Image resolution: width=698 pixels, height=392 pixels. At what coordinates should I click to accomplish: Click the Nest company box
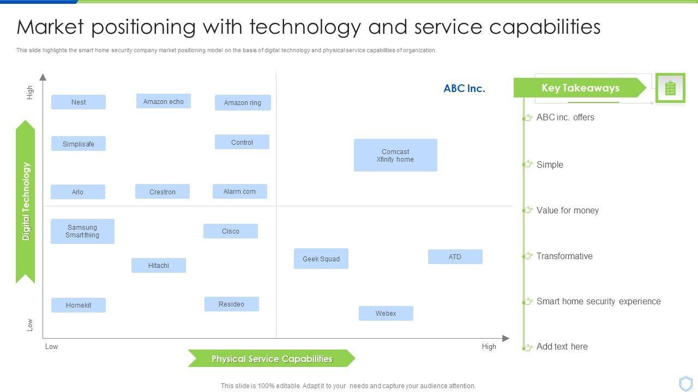click(79, 102)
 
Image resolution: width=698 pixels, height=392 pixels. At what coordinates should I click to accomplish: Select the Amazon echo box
click(163, 101)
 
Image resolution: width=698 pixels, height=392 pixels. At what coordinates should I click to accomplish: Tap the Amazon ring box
click(243, 102)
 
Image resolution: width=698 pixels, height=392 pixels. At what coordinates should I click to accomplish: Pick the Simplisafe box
click(79, 144)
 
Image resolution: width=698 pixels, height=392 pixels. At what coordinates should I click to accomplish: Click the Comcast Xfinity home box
click(395, 155)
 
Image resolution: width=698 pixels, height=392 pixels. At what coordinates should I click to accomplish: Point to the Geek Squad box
click(321, 259)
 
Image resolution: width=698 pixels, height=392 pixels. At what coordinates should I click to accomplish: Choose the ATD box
click(455, 256)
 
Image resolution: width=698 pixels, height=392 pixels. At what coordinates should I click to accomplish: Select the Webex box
click(386, 313)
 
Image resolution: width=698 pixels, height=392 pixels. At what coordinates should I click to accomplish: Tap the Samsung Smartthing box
click(82, 231)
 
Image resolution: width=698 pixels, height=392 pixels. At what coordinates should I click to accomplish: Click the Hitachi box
click(159, 265)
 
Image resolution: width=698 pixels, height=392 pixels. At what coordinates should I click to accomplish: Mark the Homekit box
click(79, 305)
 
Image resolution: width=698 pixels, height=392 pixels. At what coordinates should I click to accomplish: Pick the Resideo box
click(231, 304)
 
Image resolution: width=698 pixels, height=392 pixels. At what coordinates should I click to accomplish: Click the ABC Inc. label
click(464, 88)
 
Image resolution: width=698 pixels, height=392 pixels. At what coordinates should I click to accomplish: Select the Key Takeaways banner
click(580, 88)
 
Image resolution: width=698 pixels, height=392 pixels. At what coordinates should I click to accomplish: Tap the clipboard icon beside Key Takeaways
click(670, 88)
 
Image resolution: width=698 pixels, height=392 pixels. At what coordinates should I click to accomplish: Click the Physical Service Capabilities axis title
click(272, 359)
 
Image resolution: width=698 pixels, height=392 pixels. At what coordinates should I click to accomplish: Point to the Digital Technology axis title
click(26, 201)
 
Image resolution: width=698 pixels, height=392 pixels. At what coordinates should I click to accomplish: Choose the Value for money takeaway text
click(567, 210)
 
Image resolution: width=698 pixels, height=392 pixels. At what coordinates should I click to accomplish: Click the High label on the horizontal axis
click(489, 346)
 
